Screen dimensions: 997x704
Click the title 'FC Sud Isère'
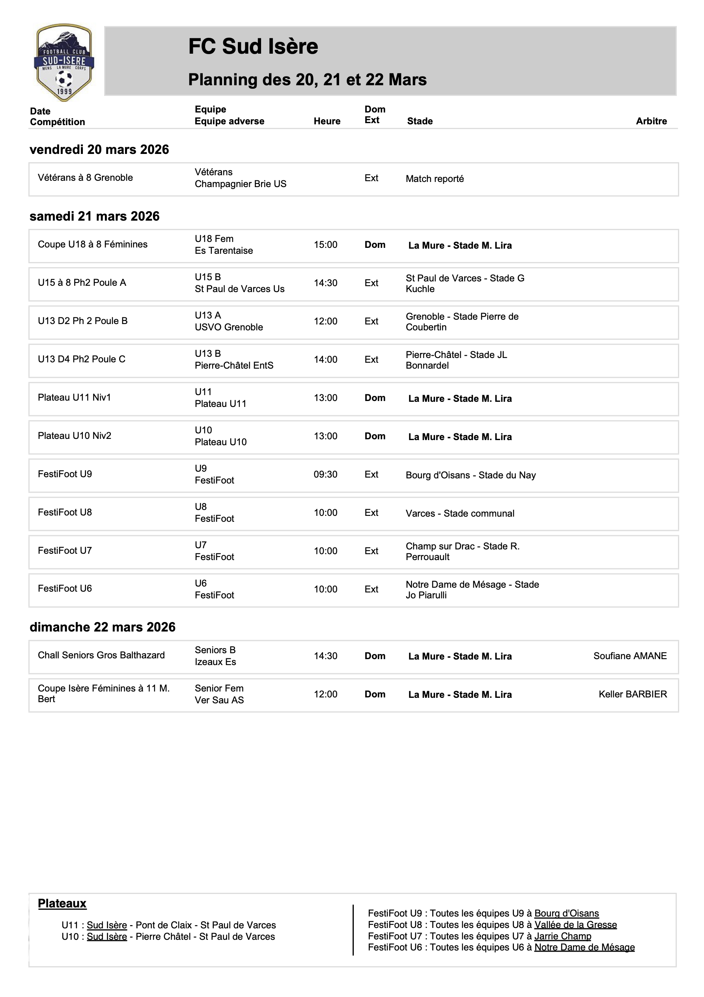[253, 47]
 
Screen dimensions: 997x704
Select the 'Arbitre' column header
[651, 121]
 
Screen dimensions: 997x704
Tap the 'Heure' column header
[327, 121]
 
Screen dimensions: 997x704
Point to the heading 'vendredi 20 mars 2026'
[99, 149]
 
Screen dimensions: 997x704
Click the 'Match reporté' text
[435, 179]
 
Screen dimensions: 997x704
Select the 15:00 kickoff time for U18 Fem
[325, 245]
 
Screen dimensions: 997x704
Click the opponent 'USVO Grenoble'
[229, 328]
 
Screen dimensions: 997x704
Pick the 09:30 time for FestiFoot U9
[325, 474]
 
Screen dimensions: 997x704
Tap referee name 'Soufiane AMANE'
[630, 656]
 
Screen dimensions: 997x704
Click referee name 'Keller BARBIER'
[632, 694]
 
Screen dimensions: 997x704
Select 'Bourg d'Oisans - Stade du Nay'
[471, 475]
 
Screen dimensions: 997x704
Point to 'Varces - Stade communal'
[459, 513]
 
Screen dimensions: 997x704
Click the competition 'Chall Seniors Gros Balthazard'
[101, 655]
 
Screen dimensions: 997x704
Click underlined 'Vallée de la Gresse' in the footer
[575, 924]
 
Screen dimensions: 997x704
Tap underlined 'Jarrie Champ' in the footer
[562, 936]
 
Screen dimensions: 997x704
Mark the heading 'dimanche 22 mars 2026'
[103, 627]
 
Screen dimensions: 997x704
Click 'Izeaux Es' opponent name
[215, 662]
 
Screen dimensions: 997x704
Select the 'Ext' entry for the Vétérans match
[371, 178]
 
